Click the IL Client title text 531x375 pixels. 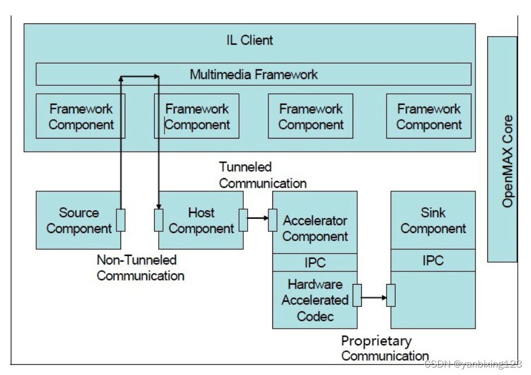249,40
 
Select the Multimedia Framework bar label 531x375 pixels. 253,74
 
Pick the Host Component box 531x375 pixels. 198,220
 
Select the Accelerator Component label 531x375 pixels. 315,228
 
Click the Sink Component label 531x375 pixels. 433,220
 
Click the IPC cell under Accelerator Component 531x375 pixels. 315,262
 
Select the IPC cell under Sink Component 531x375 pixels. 433,260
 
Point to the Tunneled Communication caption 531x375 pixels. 263,175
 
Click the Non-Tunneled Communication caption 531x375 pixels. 140,267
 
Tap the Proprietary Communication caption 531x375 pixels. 384,348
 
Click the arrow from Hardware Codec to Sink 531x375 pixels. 374,297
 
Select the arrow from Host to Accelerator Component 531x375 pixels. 258,218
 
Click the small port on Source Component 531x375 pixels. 120,220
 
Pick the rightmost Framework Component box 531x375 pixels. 429,116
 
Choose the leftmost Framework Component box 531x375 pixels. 80,116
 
